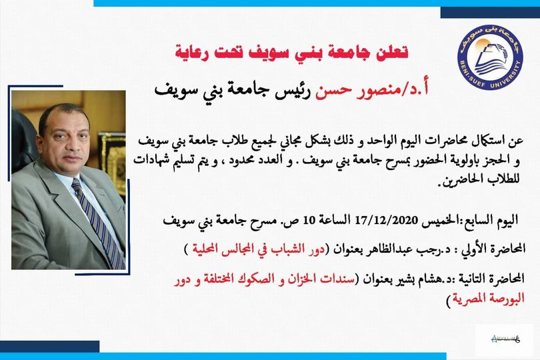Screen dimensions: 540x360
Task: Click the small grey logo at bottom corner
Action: click(505, 339)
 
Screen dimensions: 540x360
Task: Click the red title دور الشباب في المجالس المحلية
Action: click(258, 249)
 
